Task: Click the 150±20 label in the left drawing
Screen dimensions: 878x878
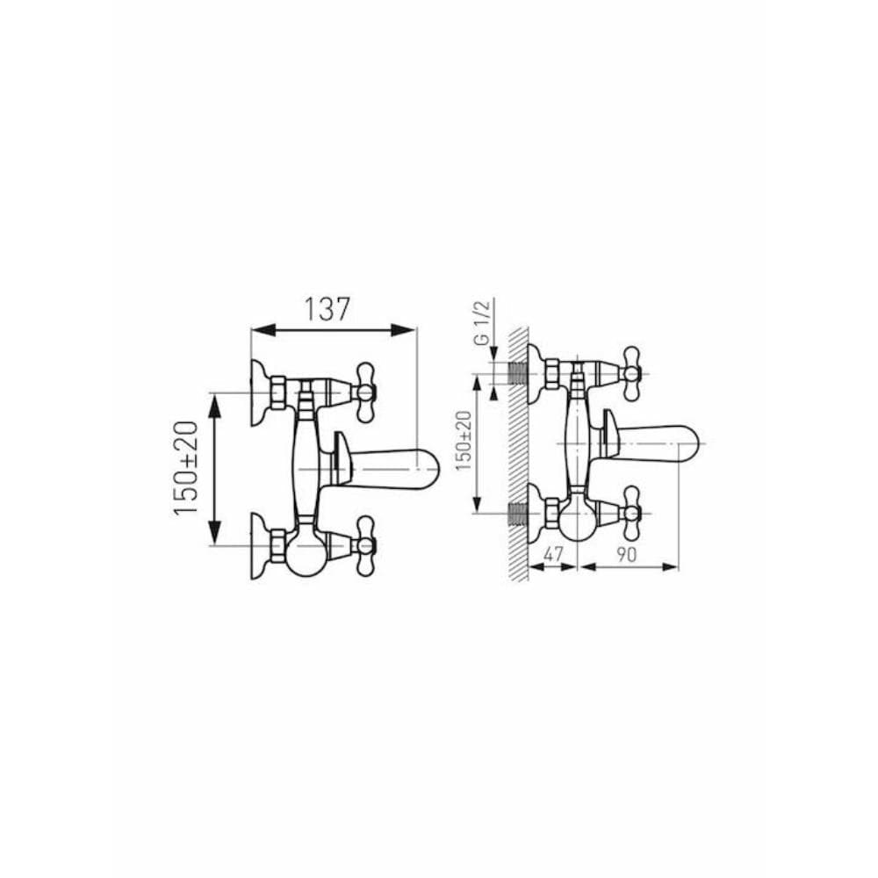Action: (x=185, y=468)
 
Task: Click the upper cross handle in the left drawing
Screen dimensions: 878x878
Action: (x=365, y=392)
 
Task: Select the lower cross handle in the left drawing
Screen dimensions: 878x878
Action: (x=365, y=545)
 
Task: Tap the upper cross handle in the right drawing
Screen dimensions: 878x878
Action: (x=631, y=373)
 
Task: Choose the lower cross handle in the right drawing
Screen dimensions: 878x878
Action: (x=631, y=513)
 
